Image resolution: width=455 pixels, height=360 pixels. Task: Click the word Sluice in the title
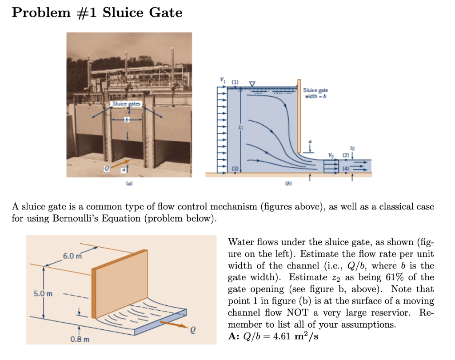[124, 12]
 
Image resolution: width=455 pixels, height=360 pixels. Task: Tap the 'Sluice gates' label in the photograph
[126, 103]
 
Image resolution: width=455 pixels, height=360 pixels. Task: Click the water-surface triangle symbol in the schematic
[252, 83]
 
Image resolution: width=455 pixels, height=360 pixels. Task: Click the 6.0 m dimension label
[72, 256]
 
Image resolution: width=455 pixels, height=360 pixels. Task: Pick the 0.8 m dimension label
[80, 340]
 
